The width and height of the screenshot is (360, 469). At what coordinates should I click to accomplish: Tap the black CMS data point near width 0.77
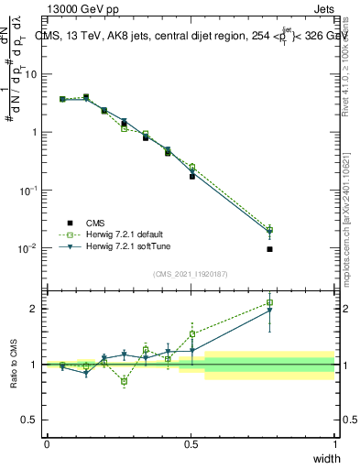point(269,249)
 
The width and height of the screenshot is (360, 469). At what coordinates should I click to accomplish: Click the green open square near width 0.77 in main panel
point(269,229)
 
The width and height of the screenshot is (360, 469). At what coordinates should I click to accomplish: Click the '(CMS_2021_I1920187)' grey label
point(191,274)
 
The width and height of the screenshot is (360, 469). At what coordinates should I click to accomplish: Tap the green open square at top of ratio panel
point(269,302)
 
